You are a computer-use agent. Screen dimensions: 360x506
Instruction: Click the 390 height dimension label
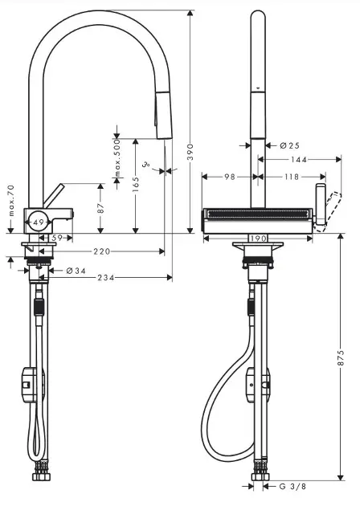(x=190, y=152)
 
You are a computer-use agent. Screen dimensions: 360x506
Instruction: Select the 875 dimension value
(x=341, y=357)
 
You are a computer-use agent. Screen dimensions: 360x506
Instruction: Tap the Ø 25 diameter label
(x=289, y=145)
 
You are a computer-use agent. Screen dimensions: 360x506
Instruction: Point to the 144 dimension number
(x=299, y=159)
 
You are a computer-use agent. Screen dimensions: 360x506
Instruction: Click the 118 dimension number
(x=292, y=177)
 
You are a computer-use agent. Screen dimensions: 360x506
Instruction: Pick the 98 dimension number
(x=230, y=177)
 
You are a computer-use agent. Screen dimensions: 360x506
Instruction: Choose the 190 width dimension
(x=258, y=239)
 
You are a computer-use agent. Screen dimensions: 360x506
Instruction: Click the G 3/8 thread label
(x=292, y=486)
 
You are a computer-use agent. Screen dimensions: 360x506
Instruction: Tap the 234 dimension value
(x=106, y=277)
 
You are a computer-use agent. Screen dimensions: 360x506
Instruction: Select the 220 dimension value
(x=102, y=251)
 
